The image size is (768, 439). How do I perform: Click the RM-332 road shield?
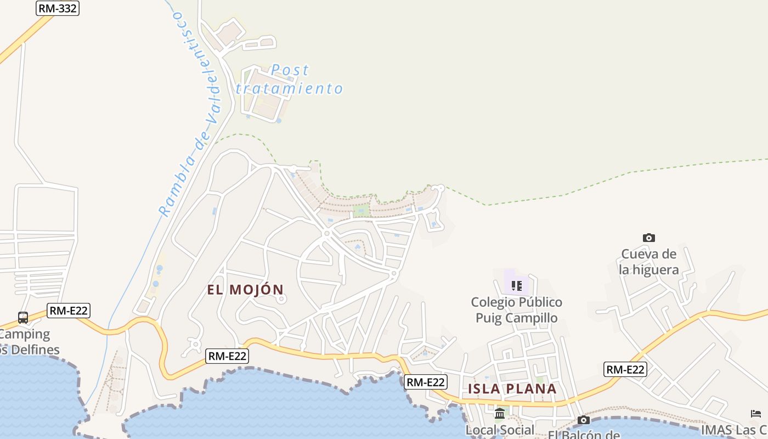coord(58,8)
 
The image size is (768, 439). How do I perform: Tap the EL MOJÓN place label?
coord(246,290)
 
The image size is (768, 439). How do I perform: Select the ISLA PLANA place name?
coord(512,389)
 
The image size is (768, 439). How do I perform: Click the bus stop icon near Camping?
coord(23,317)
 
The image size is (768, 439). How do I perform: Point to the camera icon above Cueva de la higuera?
coord(649,238)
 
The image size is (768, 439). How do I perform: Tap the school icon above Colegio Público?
coord(516,285)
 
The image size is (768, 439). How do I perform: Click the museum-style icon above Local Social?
coord(500,413)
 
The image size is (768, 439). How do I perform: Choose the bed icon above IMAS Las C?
coord(756,413)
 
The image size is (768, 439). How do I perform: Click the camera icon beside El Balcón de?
coord(584,420)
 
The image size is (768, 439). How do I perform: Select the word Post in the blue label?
coord(290,70)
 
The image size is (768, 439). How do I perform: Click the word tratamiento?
coord(290,88)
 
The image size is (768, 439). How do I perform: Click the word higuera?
coord(657,269)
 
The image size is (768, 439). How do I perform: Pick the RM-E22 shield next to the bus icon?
coord(69,311)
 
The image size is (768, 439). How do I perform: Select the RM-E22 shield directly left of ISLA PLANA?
coord(426,382)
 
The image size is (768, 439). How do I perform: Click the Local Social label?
coord(500,430)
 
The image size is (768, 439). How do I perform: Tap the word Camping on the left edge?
coord(25,334)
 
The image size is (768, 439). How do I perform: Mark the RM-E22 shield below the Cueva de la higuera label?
coord(625,369)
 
